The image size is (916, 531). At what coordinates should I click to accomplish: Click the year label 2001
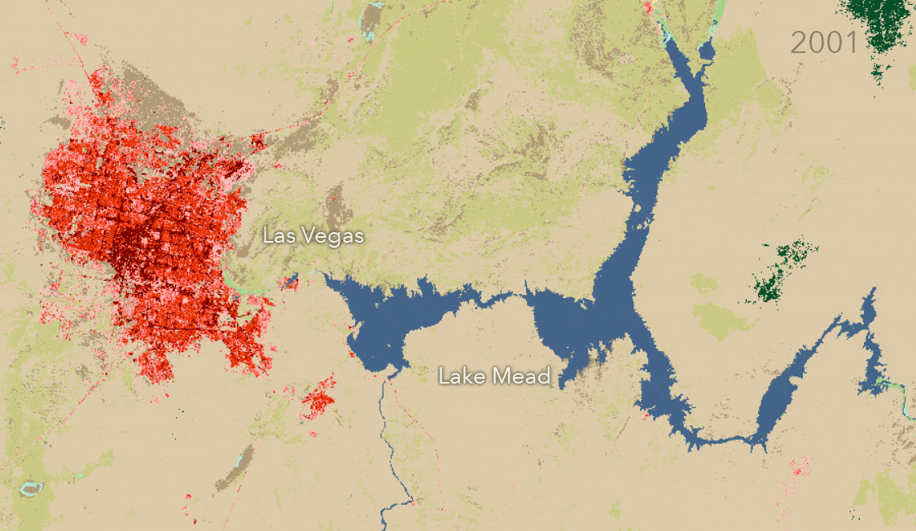pyautogui.click(x=824, y=42)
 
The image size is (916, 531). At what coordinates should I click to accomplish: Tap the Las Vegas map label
pyautogui.click(x=313, y=236)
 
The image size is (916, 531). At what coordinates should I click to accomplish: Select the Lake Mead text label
pyautogui.click(x=494, y=376)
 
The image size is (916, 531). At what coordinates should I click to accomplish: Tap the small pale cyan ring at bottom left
pyautogui.click(x=31, y=489)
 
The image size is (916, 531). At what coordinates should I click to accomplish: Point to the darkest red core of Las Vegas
pyautogui.click(x=130, y=240)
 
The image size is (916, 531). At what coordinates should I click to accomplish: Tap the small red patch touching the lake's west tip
pyautogui.click(x=290, y=283)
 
